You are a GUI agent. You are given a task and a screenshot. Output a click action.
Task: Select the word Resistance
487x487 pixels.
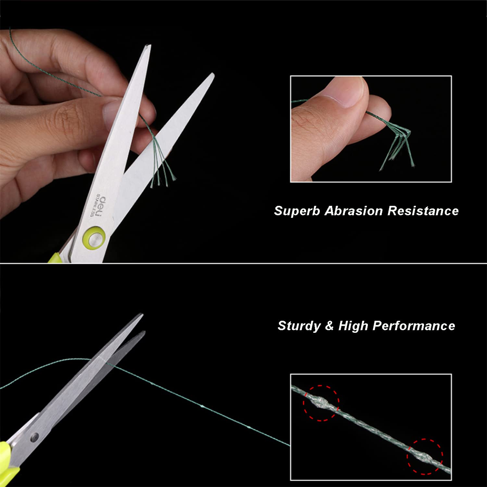(x=423, y=211)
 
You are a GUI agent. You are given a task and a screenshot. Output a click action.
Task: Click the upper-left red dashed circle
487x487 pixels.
(x=321, y=403)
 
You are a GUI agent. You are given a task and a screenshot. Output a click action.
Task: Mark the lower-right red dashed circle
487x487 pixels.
(x=425, y=457)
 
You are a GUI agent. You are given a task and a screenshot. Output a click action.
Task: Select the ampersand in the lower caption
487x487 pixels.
(x=330, y=326)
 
